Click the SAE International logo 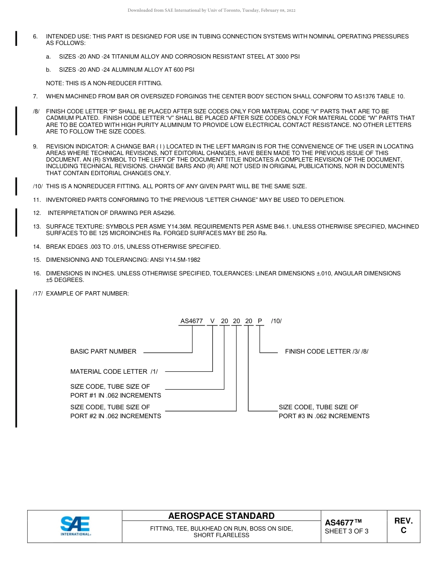[x=75, y=526]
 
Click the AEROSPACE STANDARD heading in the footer [x=221, y=516]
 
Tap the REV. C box [x=403, y=525]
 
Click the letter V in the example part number [x=212, y=321]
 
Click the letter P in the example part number [x=260, y=321]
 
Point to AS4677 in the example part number [x=192, y=321]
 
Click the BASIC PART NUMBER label [x=103, y=351]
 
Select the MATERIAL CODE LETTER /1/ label [x=114, y=371]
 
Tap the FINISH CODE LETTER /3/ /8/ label [x=326, y=351]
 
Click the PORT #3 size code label [x=324, y=412]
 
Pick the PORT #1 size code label [x=115, y=391]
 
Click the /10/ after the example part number [x=276, y=321]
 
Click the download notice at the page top [x=211, y=10]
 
